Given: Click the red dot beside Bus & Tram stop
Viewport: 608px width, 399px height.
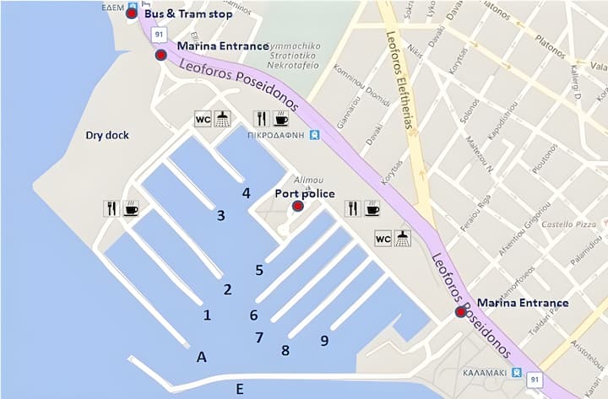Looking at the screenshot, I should tap(131, 13).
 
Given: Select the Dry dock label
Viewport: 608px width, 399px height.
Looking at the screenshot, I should tap(106, 135).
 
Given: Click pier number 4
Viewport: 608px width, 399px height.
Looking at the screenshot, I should tap(246, 193).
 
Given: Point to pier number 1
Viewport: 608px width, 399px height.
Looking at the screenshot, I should tap(207, 315).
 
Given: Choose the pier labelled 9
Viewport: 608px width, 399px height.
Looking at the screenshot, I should tap(324, 341).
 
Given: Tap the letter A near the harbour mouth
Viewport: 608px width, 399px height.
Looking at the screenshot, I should tap(201, 357).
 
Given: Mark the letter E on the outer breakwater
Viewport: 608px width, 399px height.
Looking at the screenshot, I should tap(240, 388).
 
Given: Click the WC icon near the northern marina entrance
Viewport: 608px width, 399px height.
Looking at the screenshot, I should tap(203, 118).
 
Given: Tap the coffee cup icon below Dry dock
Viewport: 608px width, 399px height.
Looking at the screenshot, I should tap(131, 208).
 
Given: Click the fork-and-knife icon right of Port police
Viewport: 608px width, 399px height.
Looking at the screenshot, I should tap(352, 208).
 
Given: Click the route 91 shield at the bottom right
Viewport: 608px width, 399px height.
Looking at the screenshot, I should tap(533, 380).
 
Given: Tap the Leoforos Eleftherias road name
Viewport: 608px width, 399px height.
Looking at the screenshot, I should tap(404, 84).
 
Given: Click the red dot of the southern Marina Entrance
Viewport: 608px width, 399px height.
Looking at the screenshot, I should tap(460, 311).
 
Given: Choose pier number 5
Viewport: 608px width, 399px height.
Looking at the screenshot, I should tap(259, 270).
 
